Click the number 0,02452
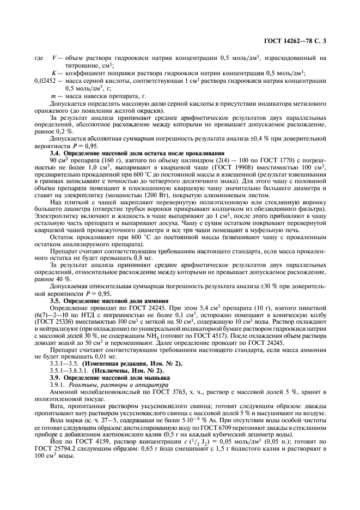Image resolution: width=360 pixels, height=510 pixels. tap(45, 80)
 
